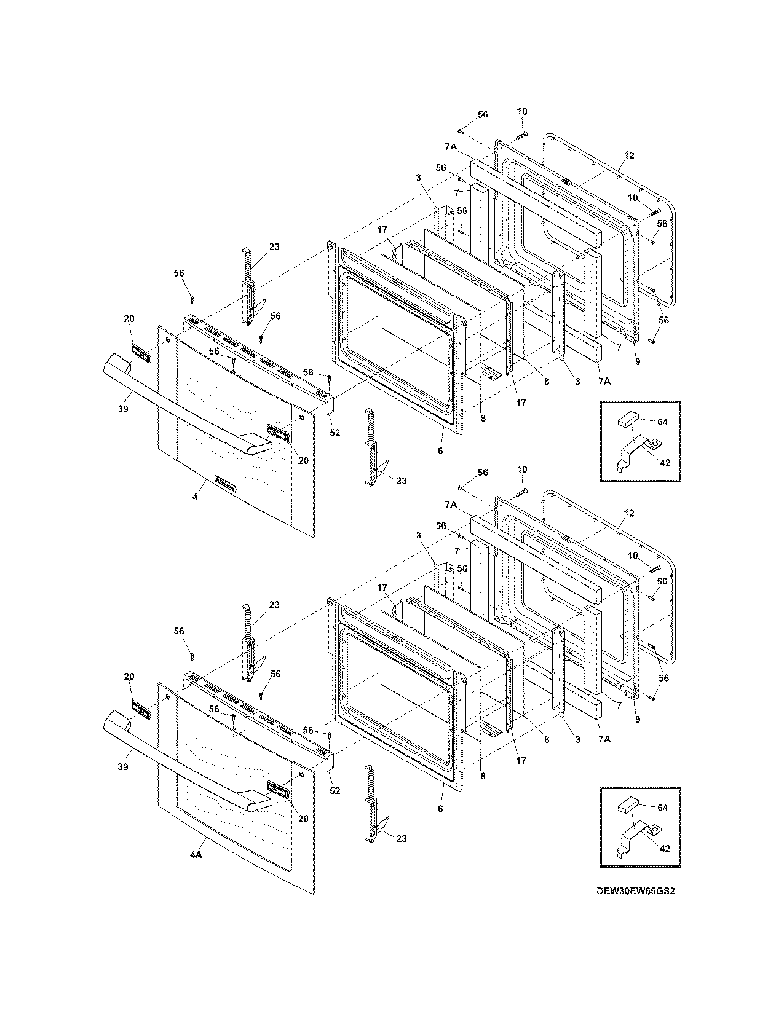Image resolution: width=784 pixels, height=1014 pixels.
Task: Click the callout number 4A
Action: click(196, 855)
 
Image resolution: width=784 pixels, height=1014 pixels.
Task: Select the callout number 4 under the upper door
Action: click(195, 497)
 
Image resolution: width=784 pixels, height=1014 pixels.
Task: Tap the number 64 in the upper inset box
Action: click(662, 422)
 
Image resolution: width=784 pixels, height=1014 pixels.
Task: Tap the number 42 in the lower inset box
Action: click(664, 848)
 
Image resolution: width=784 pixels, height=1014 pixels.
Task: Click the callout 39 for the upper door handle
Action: click(124, 409)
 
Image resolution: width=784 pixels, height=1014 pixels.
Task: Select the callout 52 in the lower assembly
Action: click(335, 790)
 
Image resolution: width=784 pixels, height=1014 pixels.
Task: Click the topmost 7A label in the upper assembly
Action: click(450, 147)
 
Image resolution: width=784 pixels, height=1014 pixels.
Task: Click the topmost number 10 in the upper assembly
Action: click(521, 112)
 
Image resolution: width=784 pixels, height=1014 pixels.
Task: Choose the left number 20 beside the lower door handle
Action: click(129, 677)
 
